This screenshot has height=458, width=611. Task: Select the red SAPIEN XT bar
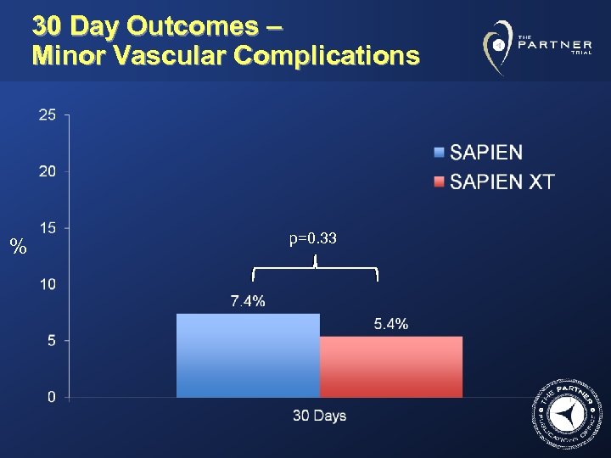click(x=391, y=366)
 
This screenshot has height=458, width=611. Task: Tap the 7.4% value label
click(x=248, y=301)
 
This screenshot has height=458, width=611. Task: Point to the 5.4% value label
click(x=391, y=323)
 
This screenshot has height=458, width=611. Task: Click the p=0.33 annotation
click(x=313, y=239)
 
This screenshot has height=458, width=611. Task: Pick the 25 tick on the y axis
click(x=48, y=114)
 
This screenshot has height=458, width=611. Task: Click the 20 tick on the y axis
click(x=48, y=171)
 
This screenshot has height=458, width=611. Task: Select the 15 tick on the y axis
click(x=48, y=227)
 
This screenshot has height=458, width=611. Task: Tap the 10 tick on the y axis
click(x=48, y=283)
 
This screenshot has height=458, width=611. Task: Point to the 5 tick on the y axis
click(x=52, y=340)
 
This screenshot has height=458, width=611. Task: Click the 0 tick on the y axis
click(x=52, y=396)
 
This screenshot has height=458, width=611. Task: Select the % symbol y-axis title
click(x=17, y=248)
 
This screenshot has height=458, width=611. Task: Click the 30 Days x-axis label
click(x=319, y=416)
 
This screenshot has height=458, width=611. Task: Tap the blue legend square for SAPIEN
click(x=439, y=154)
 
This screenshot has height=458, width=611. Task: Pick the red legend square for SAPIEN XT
click(x=439, y=182)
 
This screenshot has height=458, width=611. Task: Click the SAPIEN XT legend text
click(x=502, y=182)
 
